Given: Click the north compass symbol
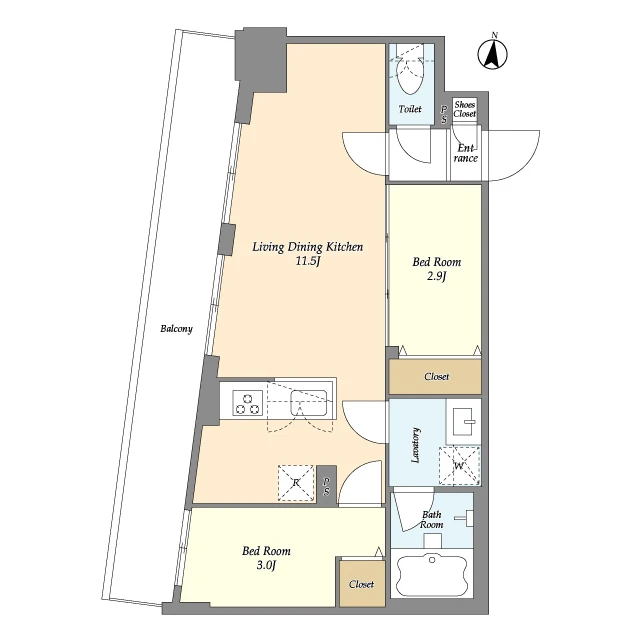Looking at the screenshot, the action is click(x=493, y=52).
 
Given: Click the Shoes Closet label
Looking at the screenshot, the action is click(x=464, y=109).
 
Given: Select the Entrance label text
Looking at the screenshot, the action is click(x=466, y=153).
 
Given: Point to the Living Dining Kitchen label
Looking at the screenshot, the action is click(x=307, y=247).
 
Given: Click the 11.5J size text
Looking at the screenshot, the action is click(x=307, y=261).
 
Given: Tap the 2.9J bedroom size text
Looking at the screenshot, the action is click(x=437, y=276).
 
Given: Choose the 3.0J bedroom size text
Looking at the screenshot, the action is click(x=267, y=565).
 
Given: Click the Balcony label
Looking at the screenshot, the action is click(x=176, y=329).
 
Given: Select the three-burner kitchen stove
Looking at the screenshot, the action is click(x=248, y=403).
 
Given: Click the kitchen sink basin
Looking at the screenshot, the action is click(x=309, y=402).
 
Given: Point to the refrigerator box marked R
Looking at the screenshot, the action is click(x=296, y=483).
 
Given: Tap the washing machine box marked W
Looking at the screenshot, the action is click(x=459, y=466).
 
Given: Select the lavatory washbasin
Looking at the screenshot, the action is click(x=463, y=421).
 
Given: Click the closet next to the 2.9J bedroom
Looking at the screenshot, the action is click(x=435, y=376).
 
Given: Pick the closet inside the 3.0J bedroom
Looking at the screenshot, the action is click(x=362, y=584).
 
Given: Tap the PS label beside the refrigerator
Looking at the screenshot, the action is click(x=327, y=486).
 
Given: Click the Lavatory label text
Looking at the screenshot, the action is click(x=416, y=445).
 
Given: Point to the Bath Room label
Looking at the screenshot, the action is click(x=431, y=520).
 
